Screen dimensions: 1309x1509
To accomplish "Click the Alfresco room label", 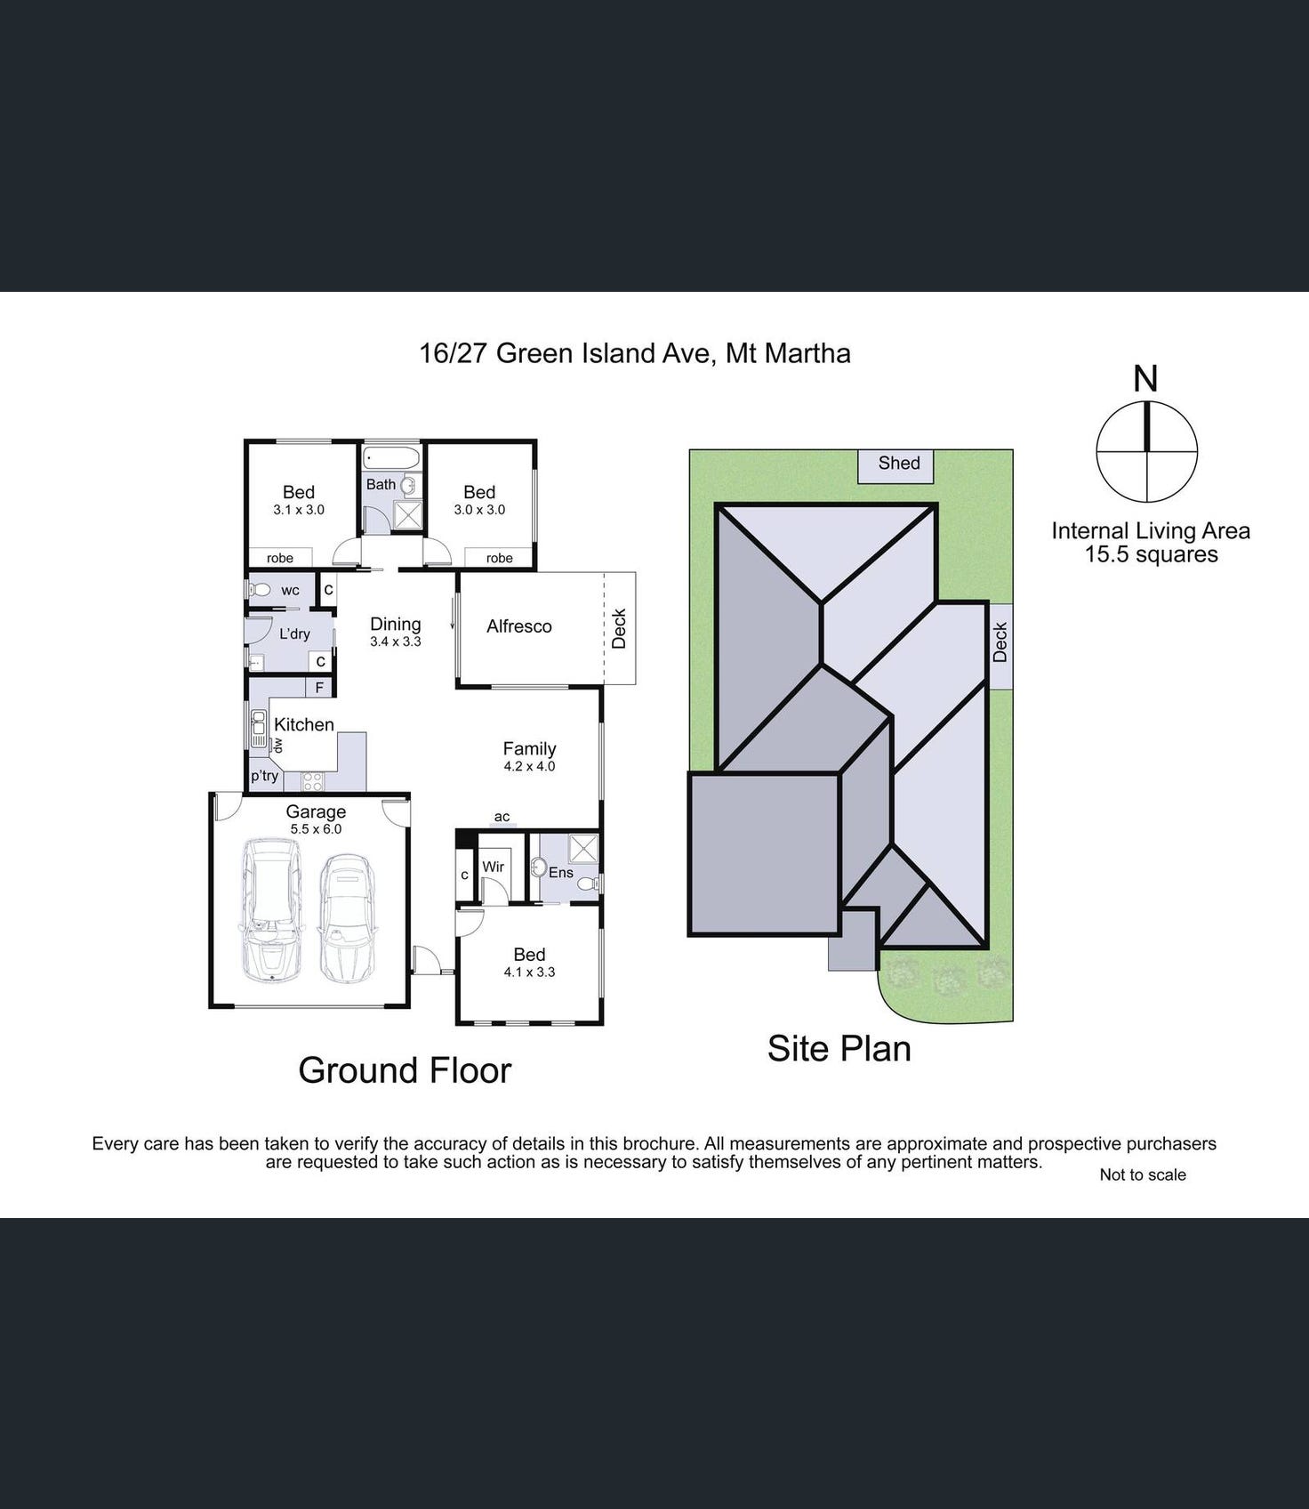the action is click(519, 626).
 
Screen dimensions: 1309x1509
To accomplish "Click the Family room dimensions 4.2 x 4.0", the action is click(529, 766).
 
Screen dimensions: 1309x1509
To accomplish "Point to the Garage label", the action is click(316, 811).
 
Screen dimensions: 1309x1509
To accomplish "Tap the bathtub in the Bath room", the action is click(391, 459).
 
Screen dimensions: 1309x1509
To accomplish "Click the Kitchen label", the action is click(304, 725).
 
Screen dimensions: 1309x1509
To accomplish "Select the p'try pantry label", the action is click(264, 776).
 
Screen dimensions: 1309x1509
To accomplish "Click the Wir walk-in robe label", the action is click(494, 867).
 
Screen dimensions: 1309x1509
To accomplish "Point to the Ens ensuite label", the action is click(561, 873).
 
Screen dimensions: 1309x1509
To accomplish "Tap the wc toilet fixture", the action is click(261, 589).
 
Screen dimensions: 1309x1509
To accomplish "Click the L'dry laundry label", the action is click(294, 633).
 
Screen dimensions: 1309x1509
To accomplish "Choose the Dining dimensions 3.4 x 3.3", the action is click(396, 642).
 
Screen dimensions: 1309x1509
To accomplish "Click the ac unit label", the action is click(502, 817).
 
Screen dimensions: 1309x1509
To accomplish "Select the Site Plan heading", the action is click(839, 1048).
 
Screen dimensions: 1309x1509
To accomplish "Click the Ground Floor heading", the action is click(405, 1070).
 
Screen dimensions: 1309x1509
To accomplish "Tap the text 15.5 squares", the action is click(1152, 554).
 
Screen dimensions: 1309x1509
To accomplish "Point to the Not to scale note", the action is click(1143, 1174).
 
